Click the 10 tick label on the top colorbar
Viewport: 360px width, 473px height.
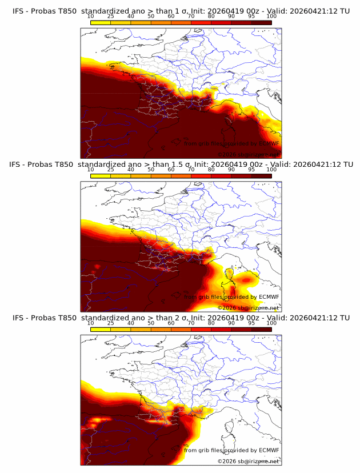pyautogui.click(x=90, y=16)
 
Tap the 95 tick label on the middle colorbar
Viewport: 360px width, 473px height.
pyautogui.click(x=251, y=170)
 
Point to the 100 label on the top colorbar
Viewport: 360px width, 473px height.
pyautogui.click(x=271, y=16)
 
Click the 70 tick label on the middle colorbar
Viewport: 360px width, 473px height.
pyautogui.click(x=191, y=170)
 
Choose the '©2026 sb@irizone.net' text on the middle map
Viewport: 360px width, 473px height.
pyautogui.click(x=247, y=307)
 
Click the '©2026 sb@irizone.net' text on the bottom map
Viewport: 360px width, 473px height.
pyautogui.click(x=247, y=461)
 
